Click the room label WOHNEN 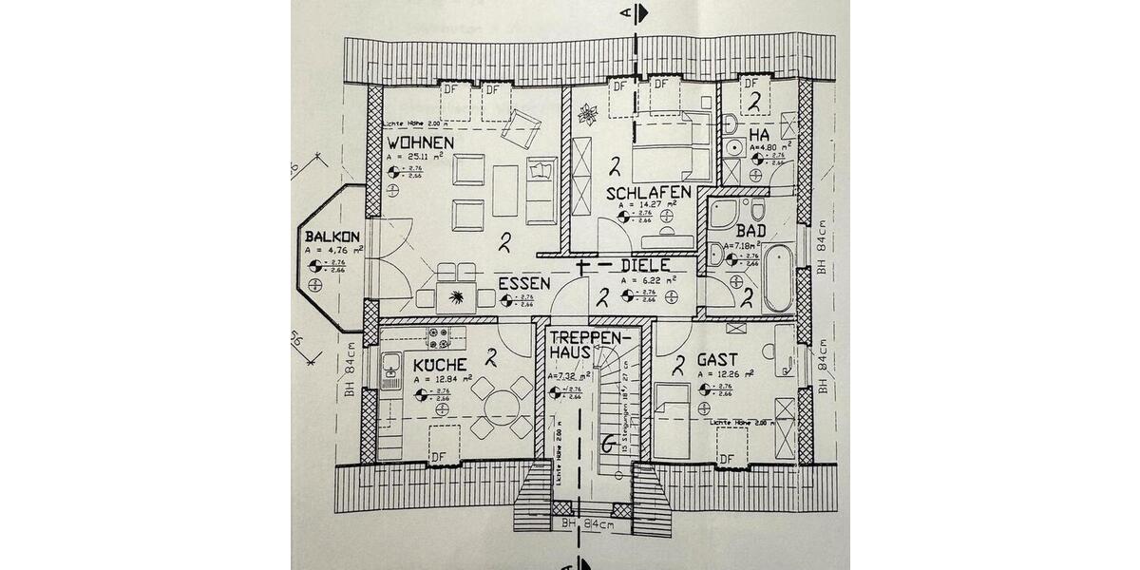(419, 142)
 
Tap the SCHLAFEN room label (649, 192)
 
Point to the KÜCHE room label (439, 365)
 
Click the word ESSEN (523, 283)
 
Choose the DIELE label (646, 266)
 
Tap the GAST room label (719, 360)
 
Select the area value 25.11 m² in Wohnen (423, 158)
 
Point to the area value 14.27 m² (648, 204)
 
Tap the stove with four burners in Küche (439, 338)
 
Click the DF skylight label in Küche (438, 458)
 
